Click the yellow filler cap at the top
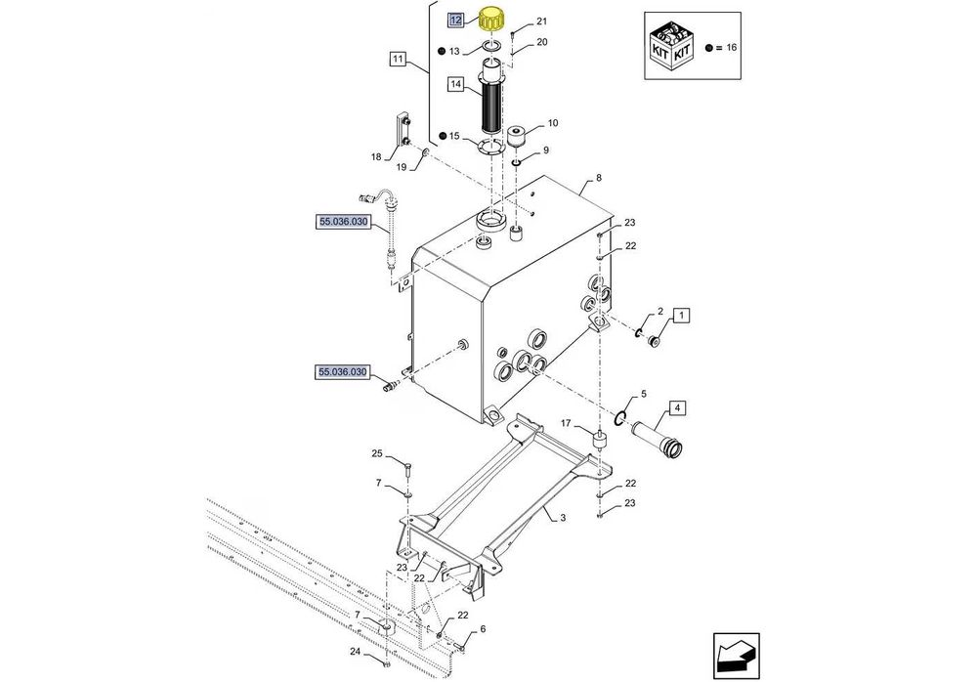pos(493,20)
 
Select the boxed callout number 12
pos(455,20)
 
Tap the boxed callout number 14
pos(455,85)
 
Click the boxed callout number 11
pos(397,60)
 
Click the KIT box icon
pos(674,46)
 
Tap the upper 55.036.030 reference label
pos(343,223)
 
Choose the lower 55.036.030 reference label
pos(343,372)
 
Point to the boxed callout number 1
pos(681,315)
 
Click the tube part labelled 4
pos(658,439)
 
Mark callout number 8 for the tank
pos(598,179)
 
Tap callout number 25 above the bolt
pos(376,453)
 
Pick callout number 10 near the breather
pos(553,124)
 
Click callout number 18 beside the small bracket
pos(376,156)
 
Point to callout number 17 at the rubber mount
pos(565,423)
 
